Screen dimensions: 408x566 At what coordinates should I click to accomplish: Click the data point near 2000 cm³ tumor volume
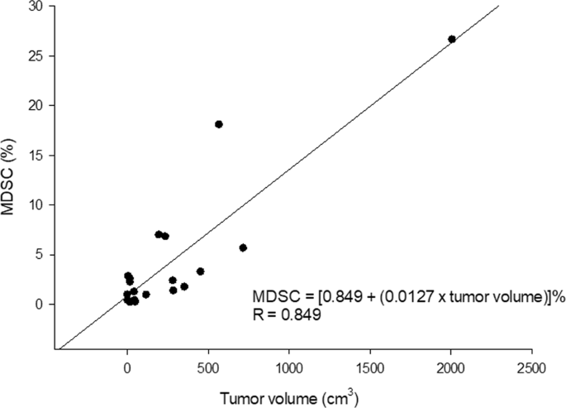click(452, 39)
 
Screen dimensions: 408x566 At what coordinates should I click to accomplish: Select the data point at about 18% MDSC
click(219, 124)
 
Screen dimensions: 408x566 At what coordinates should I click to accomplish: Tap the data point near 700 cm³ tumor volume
click(243, 247)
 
